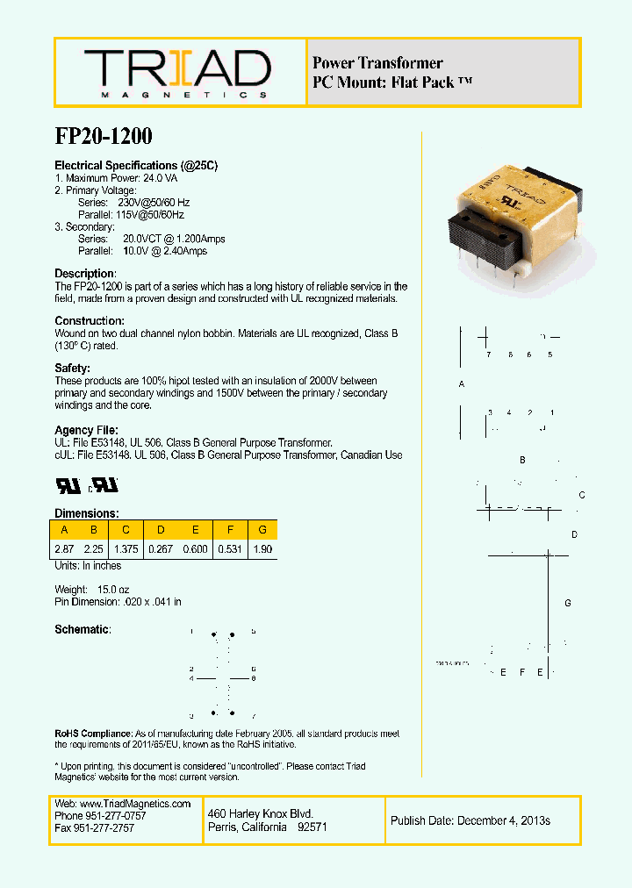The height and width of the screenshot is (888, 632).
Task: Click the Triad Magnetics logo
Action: point(177,71)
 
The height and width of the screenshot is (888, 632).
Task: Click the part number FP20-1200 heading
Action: point(104,136)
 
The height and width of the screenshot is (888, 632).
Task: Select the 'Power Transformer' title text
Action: point(377,63)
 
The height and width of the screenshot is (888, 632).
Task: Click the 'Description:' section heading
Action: point(85,274)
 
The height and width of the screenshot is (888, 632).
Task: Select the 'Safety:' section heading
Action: point(73,369)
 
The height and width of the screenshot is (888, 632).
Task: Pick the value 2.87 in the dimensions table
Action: point(64,548)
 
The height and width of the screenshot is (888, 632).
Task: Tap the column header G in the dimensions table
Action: point(262,529)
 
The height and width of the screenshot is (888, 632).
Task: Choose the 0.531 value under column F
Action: point(230,548)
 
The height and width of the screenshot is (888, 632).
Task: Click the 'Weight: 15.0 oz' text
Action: point(92,590)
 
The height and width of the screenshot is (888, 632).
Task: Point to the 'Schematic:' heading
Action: point(83,630)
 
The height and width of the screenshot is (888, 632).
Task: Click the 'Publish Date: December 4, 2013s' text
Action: point(470,820)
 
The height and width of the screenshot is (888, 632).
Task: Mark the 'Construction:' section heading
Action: point(90,321)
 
